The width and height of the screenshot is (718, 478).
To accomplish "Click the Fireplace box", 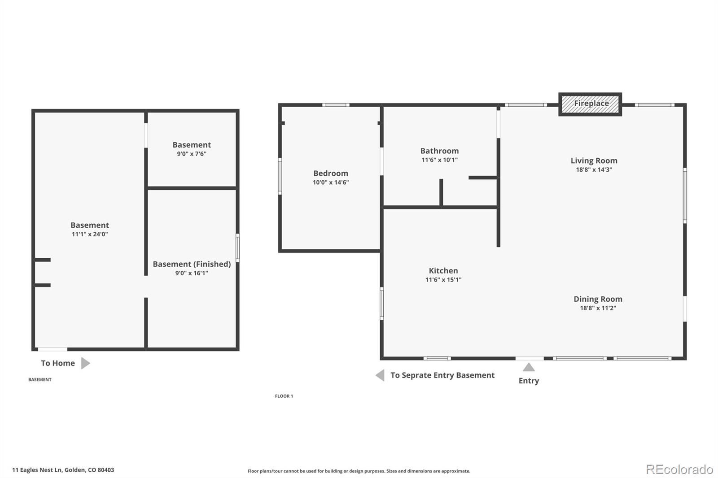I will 590,104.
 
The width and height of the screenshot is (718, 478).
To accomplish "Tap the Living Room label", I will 594,161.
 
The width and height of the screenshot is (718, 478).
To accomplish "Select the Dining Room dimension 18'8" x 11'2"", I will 598,308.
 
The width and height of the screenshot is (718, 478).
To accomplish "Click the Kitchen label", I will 443,270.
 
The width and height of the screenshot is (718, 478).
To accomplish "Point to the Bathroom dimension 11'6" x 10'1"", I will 439,160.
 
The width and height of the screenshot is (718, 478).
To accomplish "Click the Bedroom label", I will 331,173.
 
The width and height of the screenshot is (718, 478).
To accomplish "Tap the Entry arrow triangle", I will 529,368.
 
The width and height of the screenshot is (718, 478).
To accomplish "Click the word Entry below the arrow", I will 529,381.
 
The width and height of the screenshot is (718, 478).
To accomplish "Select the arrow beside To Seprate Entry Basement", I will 380,375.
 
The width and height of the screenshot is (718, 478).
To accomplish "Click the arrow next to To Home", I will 85,363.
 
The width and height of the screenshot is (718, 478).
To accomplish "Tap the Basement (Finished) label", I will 192,264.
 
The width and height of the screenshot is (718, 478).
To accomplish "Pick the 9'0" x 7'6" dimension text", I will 192,154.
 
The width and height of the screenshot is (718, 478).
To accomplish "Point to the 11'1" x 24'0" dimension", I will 90,234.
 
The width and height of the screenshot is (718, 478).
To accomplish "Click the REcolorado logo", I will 679,469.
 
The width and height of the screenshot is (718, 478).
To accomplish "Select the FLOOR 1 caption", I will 284,396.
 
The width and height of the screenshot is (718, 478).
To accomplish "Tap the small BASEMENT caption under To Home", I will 40,380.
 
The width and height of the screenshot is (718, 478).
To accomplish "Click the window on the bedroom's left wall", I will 280,176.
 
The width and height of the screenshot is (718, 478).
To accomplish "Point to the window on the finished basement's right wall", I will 237,248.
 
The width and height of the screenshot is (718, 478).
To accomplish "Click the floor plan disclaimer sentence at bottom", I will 359,471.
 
